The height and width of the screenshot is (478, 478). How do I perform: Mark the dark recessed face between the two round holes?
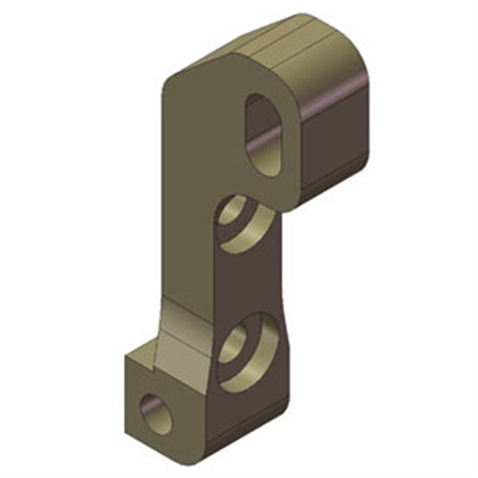251,281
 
